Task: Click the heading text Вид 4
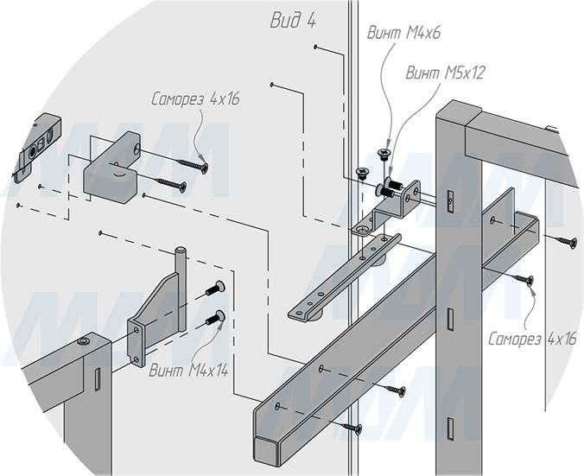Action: [x=293, y=20]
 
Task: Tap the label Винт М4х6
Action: [x=403, y=33]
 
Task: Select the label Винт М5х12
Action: [x=445, y=73]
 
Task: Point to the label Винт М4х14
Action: [x=188, y=371]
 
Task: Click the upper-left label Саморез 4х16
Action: [x=195, y=99]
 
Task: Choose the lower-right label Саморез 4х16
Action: [x=532, y=339]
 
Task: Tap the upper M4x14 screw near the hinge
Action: [x=216, y=289]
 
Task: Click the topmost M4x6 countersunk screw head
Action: [x=383, y=153]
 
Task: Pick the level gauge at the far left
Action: [x=36, y=149]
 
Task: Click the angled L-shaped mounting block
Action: [x=111, y=167]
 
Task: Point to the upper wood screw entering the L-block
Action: [x=192, y=166]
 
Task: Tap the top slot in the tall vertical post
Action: [x=450, y=201]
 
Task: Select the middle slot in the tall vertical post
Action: [x=450, y=320]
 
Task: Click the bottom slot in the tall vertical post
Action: [x=450, y=428]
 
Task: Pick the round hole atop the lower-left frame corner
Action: [x=83, y=341]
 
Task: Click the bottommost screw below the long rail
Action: [x=352, y=428]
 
